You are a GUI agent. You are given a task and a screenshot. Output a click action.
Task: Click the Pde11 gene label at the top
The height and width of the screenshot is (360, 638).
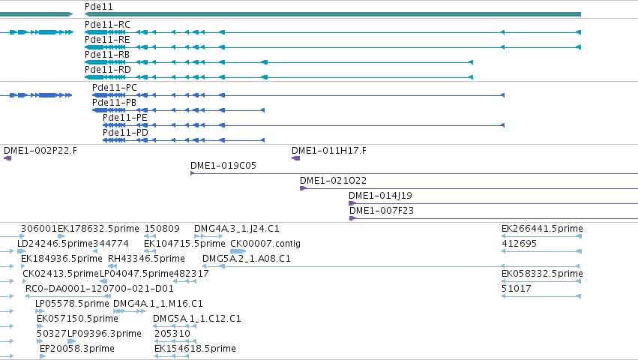(x=98, y=7)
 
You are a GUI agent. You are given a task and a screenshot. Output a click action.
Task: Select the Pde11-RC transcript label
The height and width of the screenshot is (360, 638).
(x=107, y=25)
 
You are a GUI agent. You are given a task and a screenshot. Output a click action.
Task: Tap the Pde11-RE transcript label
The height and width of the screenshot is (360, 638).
(x=107, y=40)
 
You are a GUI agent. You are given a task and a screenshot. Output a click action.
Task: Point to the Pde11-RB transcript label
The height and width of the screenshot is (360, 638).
(x=107, y=55)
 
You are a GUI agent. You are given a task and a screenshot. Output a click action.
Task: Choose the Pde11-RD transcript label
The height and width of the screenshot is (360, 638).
(x=108, y=70)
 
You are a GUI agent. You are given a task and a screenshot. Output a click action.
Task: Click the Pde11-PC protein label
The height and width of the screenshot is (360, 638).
(x=115, y=88)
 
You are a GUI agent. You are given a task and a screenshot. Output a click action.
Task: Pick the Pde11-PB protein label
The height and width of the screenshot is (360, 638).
(x=115, y=103)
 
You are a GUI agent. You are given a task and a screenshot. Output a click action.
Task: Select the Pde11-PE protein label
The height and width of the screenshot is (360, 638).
(x=125, y=118)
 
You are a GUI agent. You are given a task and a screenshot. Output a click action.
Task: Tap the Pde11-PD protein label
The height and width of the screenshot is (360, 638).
(x=125, y=133)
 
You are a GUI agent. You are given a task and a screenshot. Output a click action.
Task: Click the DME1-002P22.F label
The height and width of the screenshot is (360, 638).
(x=40, y=151)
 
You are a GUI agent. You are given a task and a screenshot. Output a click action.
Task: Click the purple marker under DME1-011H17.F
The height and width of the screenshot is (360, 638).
(x=296, y=158)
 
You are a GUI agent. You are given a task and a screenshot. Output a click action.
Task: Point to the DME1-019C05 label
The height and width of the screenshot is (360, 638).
(x=223, y=166)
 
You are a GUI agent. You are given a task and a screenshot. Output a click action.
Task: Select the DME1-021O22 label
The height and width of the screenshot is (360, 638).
(x=333, y=181)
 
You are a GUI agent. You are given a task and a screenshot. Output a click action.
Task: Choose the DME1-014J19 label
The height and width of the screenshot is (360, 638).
(x=380, y=196)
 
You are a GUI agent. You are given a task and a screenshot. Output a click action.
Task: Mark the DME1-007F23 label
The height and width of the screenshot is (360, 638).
(x=382, y=211)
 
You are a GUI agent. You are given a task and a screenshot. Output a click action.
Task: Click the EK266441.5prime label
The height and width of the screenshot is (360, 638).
(x=542, y=229)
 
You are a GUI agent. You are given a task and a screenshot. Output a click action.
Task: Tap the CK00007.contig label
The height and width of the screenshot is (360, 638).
(x=265, y=244)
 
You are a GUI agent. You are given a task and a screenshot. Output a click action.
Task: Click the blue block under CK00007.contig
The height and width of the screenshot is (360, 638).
(x=238, y=251)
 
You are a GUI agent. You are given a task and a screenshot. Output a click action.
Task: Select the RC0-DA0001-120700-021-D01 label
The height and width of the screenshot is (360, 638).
(x=100, y=289)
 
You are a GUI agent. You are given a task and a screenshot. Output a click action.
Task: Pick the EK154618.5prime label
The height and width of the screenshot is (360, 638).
(x=196, y=349)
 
